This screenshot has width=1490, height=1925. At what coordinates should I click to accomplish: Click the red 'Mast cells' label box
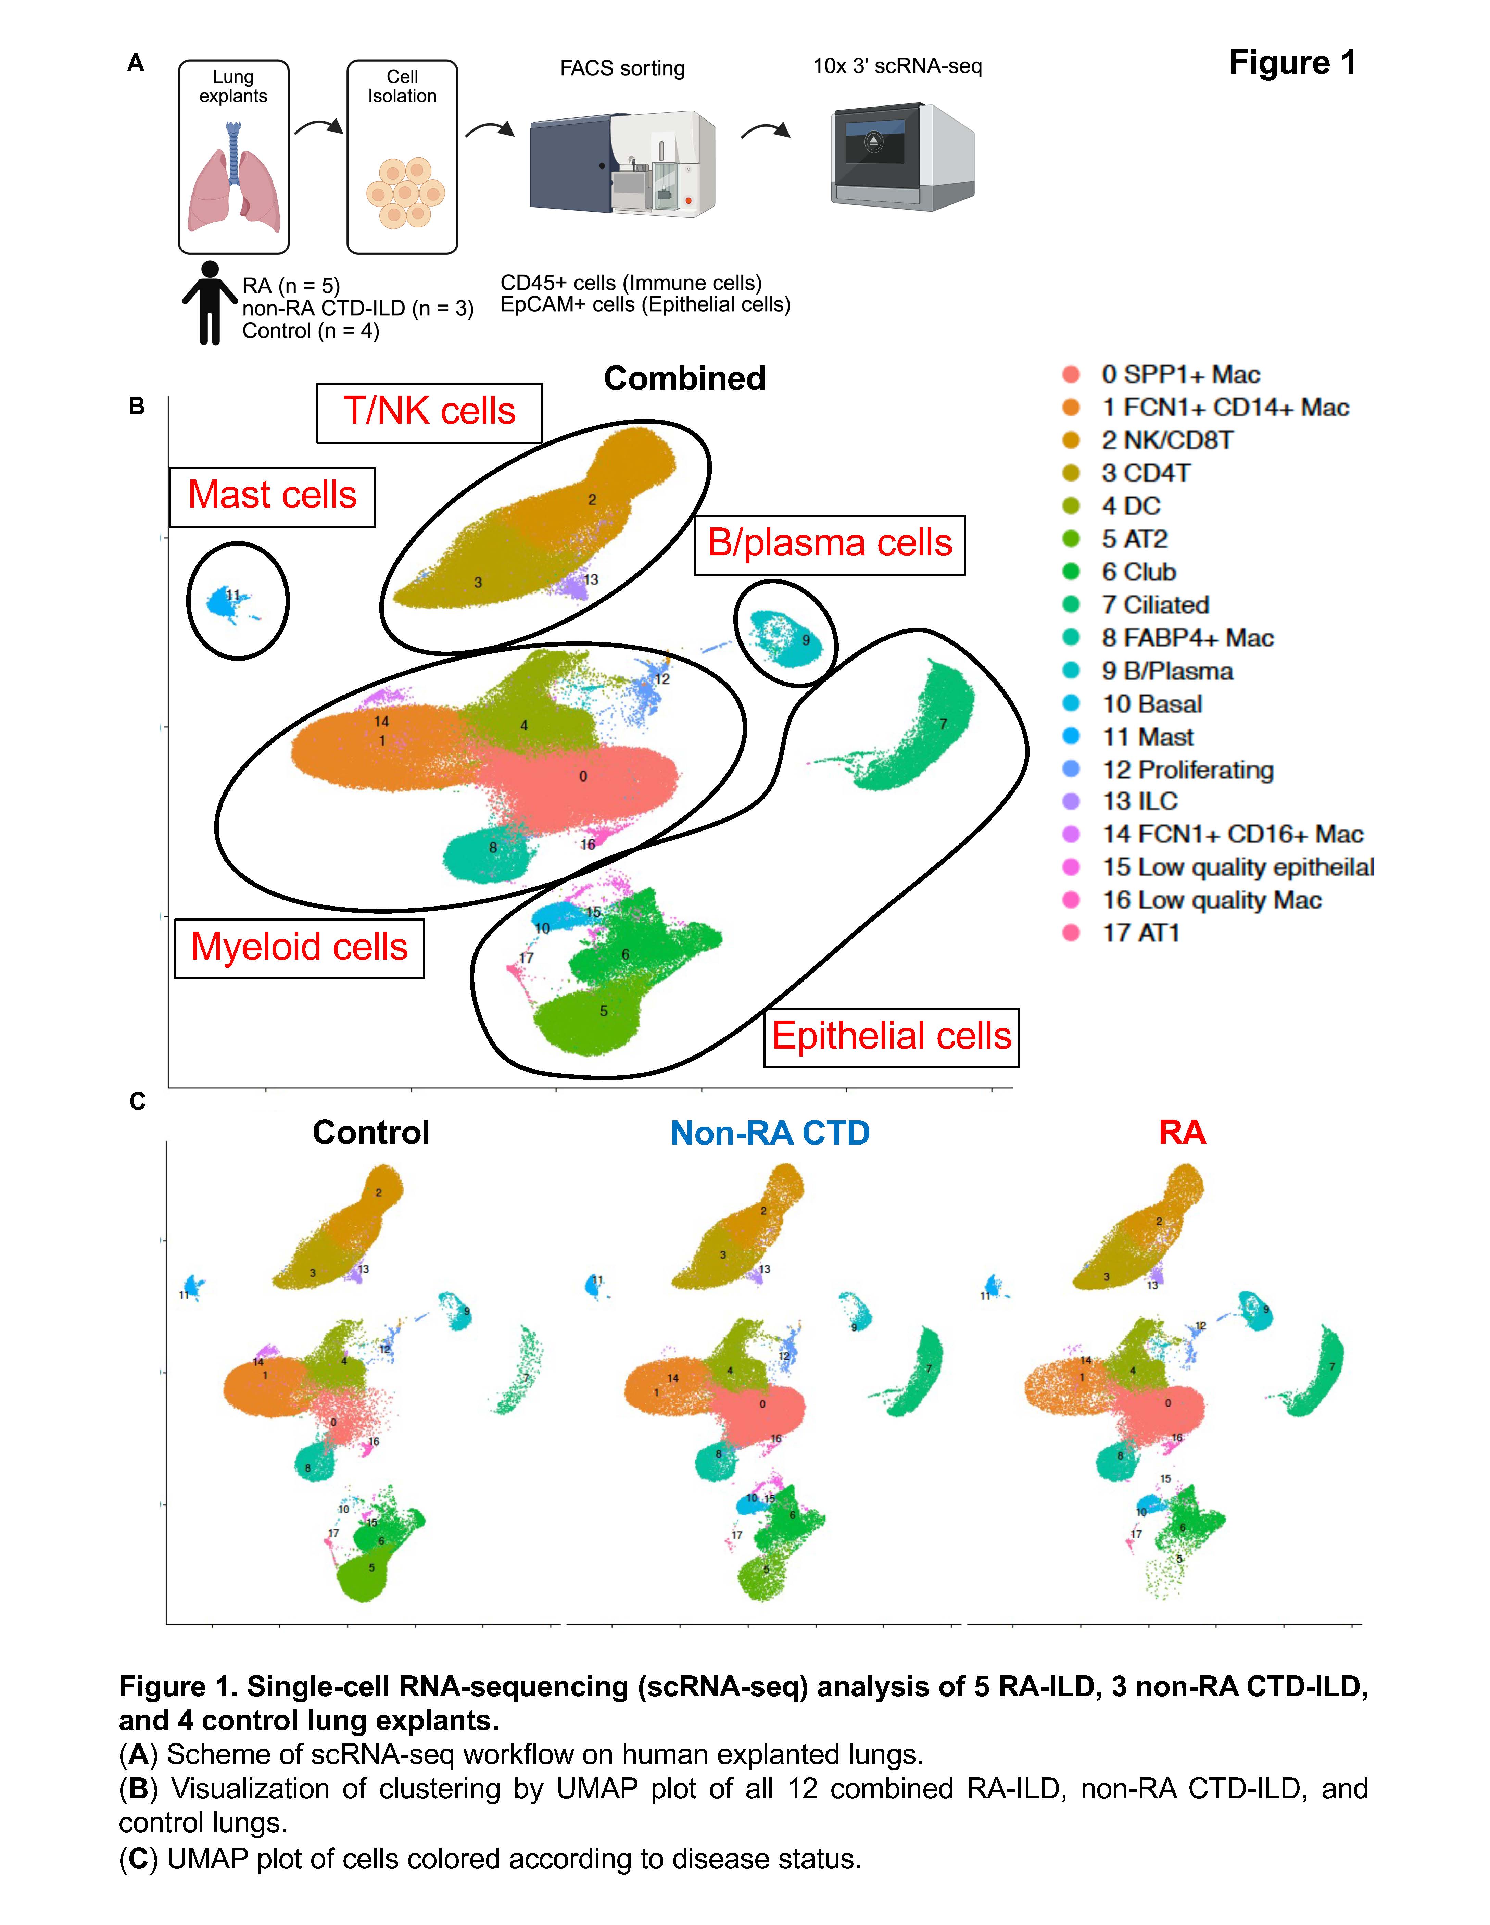point(272,496)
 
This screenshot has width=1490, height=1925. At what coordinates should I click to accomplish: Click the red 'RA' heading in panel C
point(1182,1133)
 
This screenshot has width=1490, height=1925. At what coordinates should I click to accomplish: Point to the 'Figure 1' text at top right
point(1292,63)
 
